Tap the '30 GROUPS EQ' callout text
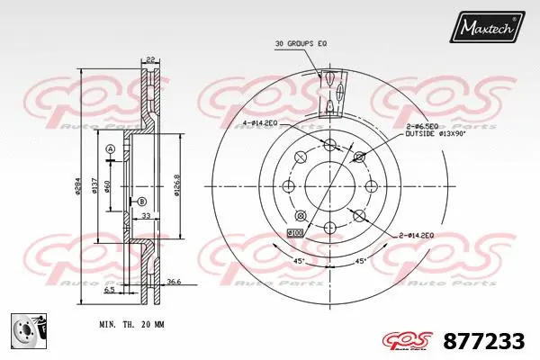[x=301, y=42]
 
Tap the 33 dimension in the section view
[x=144, y=216]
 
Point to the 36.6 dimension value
[x=175, y=282]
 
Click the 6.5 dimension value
[x=109, y=291]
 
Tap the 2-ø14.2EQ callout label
[x=418, y=234]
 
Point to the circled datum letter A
[x=110, y=149]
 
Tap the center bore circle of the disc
[x=328, y=186]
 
